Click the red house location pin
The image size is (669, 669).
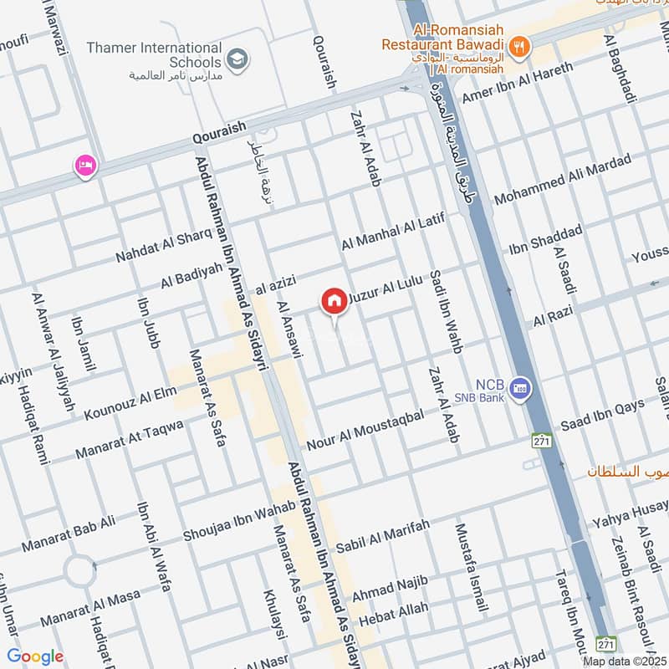pos(334,301)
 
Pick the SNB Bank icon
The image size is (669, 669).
pos(521,388)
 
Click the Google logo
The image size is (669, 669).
pos(35,656)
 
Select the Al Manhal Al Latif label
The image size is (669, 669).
pos(390,232)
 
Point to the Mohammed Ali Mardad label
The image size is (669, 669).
pos(562,180)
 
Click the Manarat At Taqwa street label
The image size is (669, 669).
pos(129,439)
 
